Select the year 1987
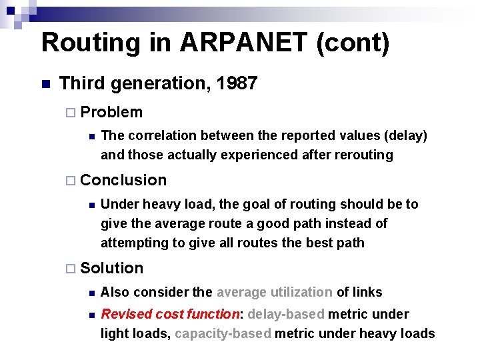(236, 83)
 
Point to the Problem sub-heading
(111, 112)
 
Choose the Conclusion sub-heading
(123, 180)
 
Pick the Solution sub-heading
(111, 268)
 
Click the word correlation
(158, 135)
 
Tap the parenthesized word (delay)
(404, 135)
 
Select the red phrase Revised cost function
(170, 314)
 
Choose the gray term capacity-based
(223, 333)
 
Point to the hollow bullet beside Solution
(72, 269)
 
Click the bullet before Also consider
(91, 293)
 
